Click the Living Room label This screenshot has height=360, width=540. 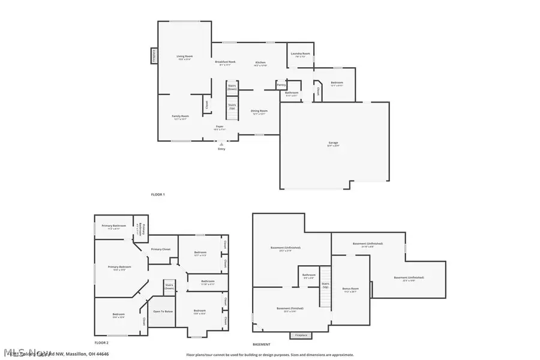point(184,56)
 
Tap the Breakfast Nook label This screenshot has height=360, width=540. point(226,62)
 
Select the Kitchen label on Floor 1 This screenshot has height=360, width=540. point(260,63)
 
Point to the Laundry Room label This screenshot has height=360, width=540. point(300,54)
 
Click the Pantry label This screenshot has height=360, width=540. point(281,85)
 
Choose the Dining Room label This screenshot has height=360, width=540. point(259,111)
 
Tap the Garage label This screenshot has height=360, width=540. point(333,144)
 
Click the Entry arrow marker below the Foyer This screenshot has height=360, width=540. point(221,144)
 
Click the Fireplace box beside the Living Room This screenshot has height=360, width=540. point(154,56)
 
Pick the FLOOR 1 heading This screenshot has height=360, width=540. point(158,194)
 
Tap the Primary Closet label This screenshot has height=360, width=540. point(161,249)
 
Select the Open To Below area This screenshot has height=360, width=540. point(163,311)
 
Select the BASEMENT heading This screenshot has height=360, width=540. point(261,344)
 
